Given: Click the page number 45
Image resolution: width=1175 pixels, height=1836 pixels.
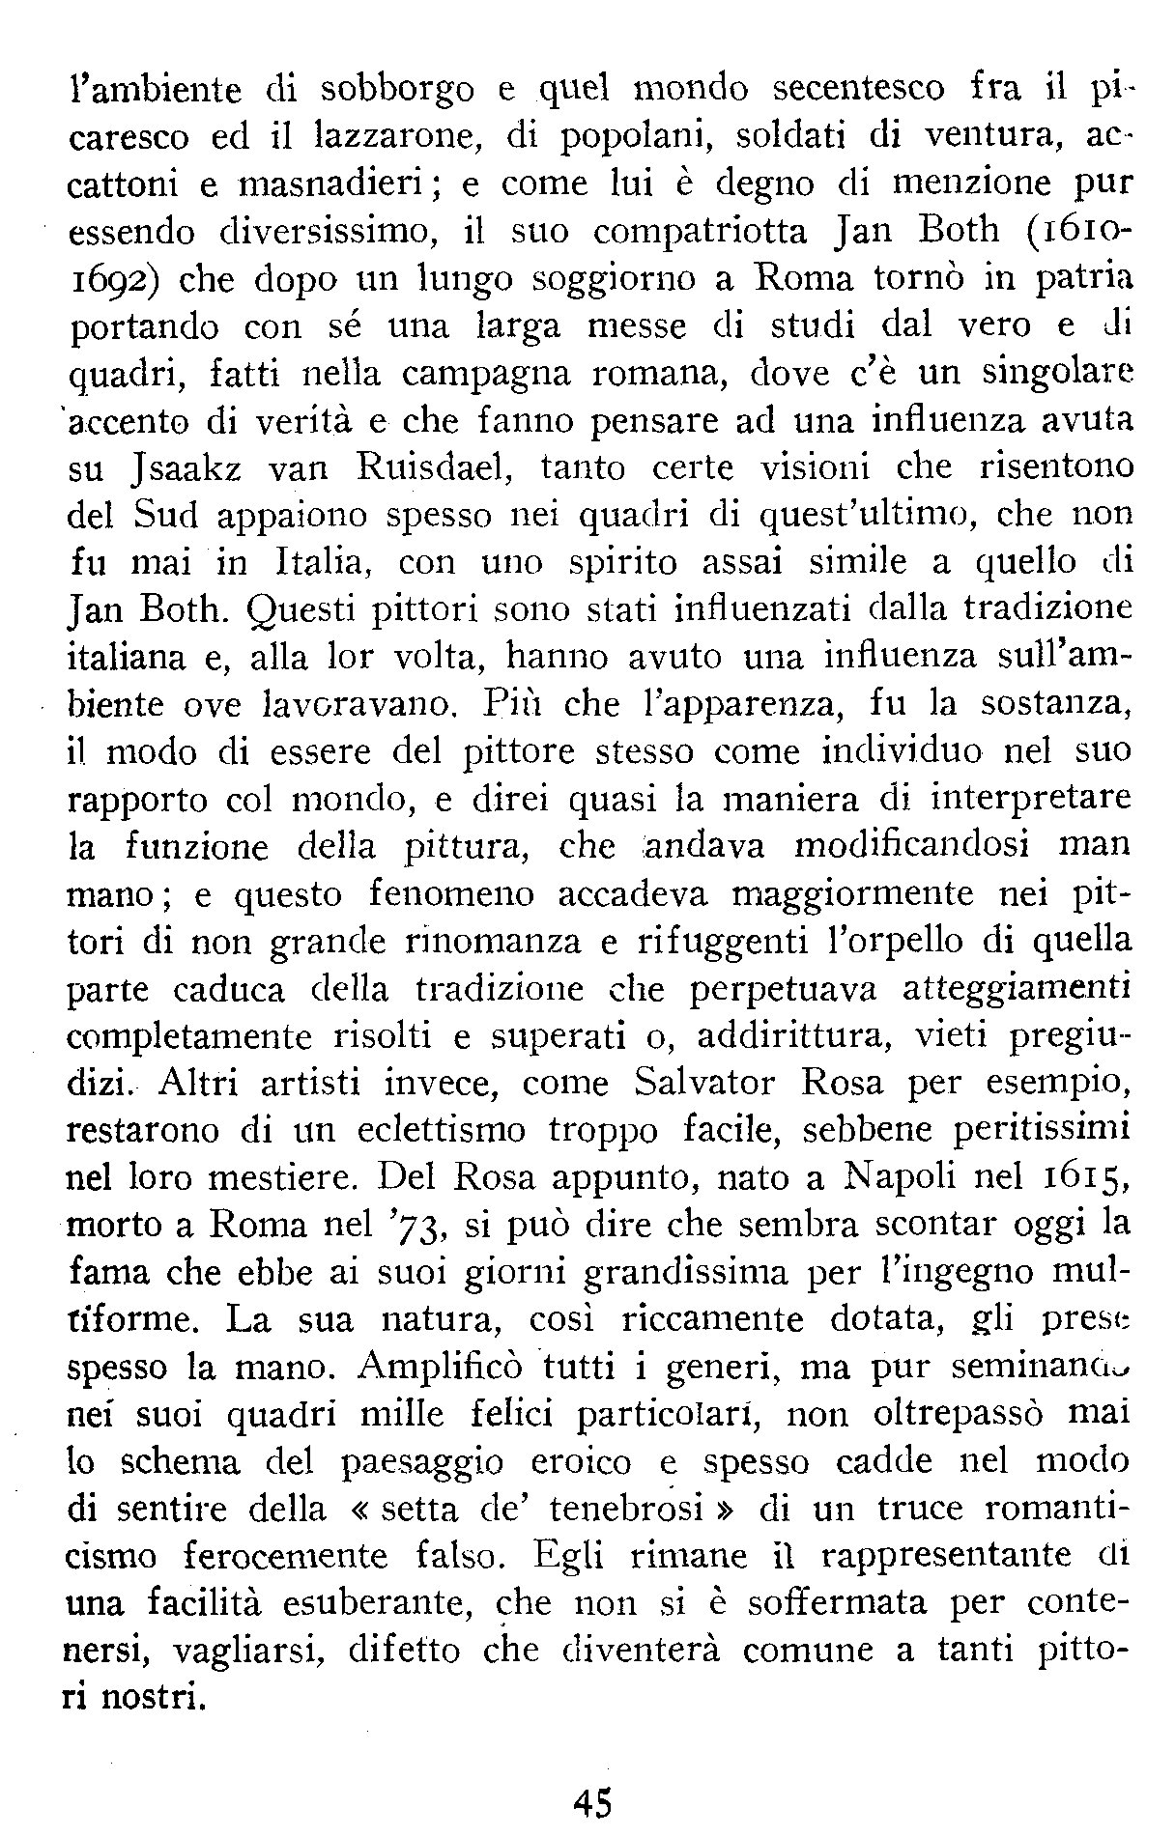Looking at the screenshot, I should pos(592,1801).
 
